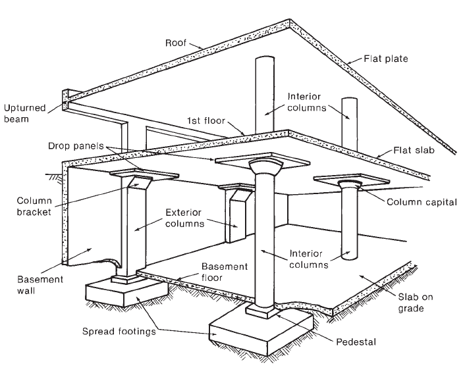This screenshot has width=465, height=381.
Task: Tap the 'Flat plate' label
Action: [385, 59]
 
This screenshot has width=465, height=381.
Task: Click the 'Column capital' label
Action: [422, 202]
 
